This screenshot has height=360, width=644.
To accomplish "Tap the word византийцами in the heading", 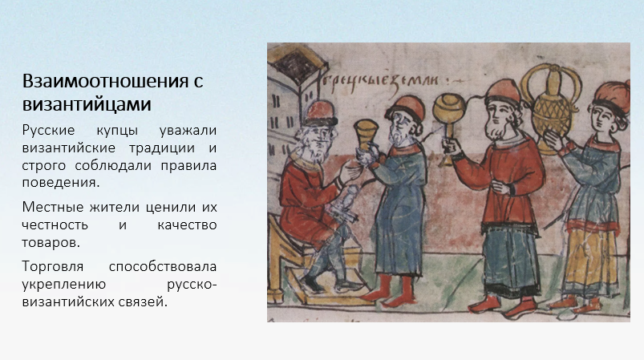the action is point(87,104).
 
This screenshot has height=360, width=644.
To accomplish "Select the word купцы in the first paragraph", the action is point(117,131).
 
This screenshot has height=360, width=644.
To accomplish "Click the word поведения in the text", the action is point(61,183).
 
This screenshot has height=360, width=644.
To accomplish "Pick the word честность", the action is point(55,225).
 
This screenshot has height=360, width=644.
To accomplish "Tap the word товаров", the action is point(51,243).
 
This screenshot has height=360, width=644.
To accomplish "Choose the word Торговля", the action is point(53,267).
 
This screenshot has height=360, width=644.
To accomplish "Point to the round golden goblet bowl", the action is point(448,108).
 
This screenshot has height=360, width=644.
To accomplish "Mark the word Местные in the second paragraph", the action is point(53,208).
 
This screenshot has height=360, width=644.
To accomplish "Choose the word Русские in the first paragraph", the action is point(48,131).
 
